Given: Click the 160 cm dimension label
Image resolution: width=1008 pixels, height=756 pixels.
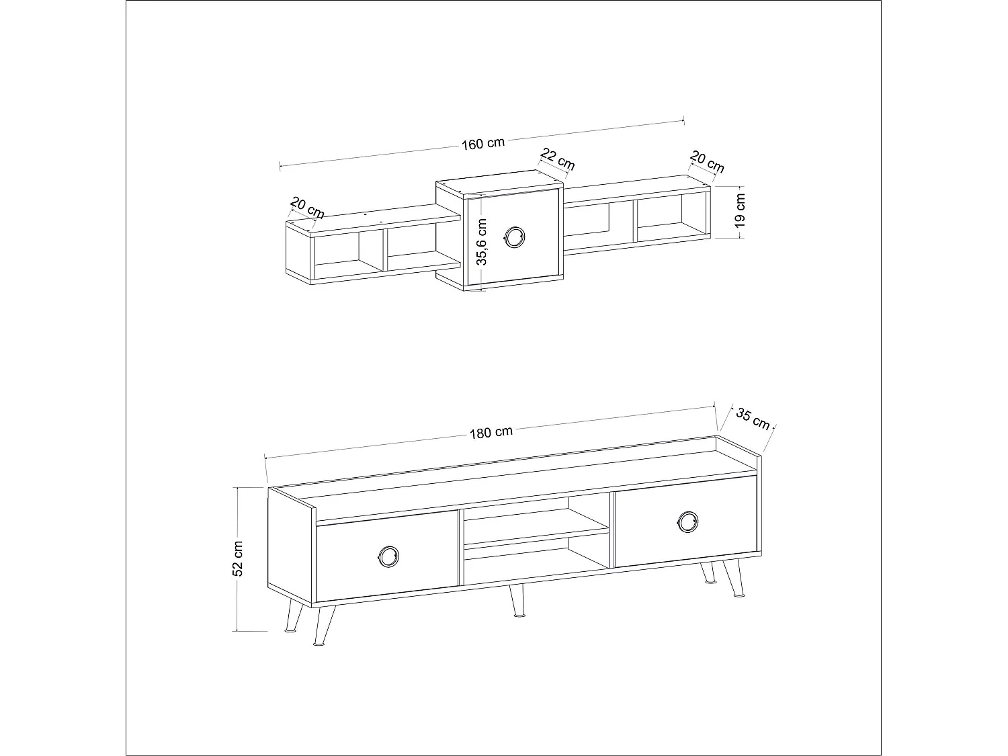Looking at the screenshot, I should [x=482, y=144].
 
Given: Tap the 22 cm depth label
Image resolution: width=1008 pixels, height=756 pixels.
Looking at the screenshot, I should [x=557, y=161].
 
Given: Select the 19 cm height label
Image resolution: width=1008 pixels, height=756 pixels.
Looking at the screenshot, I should [x=740, y=210].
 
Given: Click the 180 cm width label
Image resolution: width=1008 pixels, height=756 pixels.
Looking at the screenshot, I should [x=491, y=432].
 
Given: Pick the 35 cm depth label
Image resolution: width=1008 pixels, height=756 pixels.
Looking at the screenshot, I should [x=753, y=418].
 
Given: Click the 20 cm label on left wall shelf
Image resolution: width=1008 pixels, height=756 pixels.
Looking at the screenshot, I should [x=307, y=208].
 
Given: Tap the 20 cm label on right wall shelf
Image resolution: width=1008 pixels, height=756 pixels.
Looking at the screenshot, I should [x=707, y=162].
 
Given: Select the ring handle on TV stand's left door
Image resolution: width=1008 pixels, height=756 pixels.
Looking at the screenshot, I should [x=388, y=555].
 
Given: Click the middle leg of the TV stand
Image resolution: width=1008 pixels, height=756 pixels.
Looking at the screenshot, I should [x=516, y=600].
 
